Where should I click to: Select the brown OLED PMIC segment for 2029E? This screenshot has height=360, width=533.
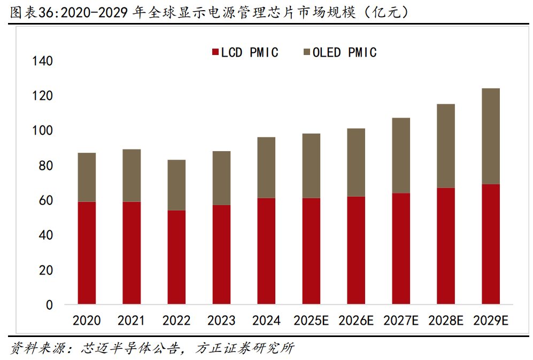tap(490, 136)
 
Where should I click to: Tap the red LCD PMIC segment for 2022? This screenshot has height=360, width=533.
tap(176, 257)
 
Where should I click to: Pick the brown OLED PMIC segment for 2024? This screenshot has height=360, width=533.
tap(266, 167)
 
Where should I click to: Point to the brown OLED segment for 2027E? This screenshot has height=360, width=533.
tap(401, 155)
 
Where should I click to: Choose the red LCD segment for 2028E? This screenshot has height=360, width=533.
tap(445, 246)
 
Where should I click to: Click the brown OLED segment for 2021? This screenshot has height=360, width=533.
tap(132, 175)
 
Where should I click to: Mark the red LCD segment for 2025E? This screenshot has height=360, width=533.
tap(311, 251)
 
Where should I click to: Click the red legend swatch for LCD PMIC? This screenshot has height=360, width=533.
tap(215, 52)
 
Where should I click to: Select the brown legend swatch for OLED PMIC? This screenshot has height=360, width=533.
tap(307, 52)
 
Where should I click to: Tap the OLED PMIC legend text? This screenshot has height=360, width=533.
tap(345, 52)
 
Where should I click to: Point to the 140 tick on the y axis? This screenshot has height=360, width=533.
tap(42, 61)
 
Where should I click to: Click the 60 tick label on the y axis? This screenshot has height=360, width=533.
tap(46, 200)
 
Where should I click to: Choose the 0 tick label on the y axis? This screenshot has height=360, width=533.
tap(50, 305)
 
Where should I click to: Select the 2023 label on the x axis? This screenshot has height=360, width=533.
tap(221, 320)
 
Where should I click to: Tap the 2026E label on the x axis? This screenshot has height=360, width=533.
tap(356, 320)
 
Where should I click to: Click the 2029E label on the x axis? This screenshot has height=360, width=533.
tap(490, 320)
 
